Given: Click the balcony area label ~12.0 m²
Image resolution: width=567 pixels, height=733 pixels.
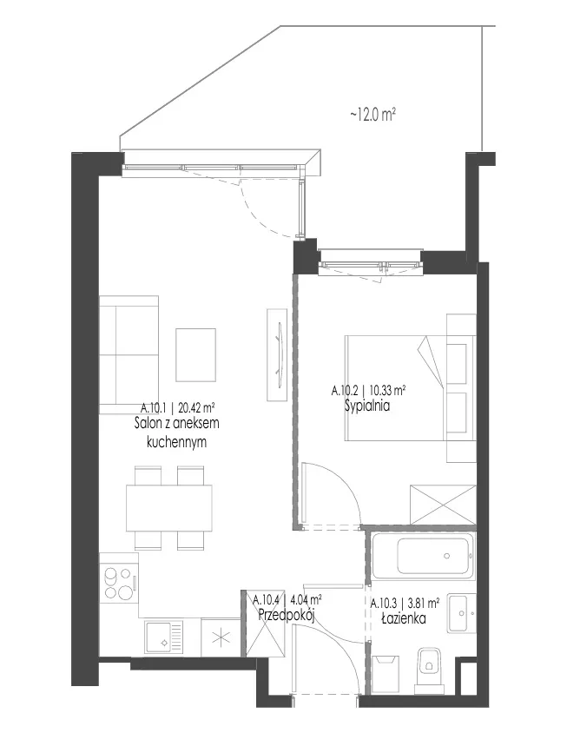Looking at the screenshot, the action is [373, 114].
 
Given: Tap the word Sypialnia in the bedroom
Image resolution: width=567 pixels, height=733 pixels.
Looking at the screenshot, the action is [367, 406].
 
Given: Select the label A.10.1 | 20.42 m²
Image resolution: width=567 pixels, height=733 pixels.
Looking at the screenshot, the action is [178, 407].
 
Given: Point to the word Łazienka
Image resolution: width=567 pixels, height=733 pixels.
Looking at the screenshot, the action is [404, 618].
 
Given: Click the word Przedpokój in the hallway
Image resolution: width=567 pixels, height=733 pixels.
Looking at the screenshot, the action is [286, 616].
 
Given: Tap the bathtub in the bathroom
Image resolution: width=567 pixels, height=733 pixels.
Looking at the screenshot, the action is [423, 556].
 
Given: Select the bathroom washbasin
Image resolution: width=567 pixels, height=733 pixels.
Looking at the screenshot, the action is [461, 613].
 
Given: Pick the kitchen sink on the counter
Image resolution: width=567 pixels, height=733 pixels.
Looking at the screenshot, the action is [163, 638].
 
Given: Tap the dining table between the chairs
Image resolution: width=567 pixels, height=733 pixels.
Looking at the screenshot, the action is [168, 508].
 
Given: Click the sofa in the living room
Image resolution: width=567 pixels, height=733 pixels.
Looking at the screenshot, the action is [129, 354].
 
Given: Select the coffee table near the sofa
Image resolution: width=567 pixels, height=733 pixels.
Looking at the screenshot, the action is [196, 355].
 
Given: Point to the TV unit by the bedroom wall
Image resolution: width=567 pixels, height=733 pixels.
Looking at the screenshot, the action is [277, 354].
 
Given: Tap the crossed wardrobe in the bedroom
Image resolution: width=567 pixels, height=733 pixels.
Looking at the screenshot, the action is [443, 505].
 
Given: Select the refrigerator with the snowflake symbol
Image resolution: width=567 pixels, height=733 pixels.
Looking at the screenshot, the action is [221, 638].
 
